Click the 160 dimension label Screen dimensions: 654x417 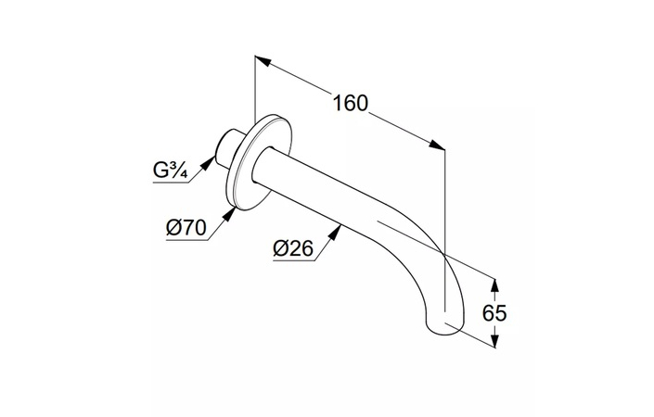click(351, 103)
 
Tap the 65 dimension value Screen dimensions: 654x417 click(494, 313)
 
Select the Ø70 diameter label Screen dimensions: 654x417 click(186, 228)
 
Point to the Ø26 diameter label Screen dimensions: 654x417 click(293, 248)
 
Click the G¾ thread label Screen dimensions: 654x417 click(170, 171)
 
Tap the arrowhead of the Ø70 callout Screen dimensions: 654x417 click(228, 215)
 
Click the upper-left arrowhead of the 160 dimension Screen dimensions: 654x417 click(263, 61)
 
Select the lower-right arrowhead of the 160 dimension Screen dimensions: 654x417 click(437, 145)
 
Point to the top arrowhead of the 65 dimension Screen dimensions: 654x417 click(494, 286)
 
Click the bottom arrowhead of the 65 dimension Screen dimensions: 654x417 click(494, 339)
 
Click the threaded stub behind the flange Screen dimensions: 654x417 click(227, 148)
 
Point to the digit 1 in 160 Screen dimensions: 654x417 click(338, 103)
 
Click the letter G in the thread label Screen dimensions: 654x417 click(160, 171)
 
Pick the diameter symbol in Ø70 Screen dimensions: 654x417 click(173, 228)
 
